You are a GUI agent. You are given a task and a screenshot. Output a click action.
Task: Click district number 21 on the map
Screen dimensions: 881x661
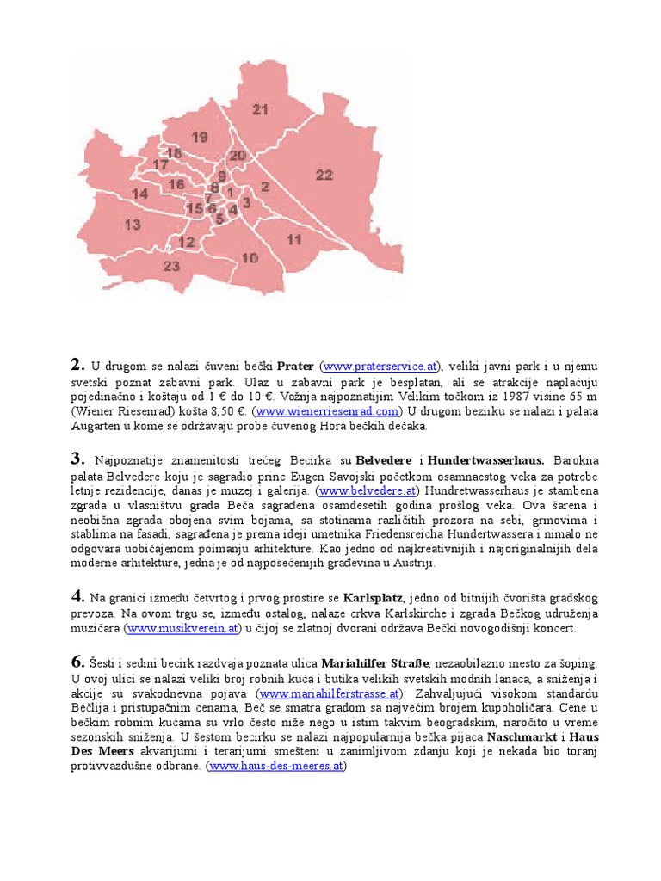(x=260, y=109)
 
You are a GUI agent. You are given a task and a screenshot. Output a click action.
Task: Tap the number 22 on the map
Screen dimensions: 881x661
(x=324, y=176)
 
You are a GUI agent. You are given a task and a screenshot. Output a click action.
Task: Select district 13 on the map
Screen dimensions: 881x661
(x=132, y=225)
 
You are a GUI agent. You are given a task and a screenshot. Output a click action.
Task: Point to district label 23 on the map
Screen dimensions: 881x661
(x=171, y=267)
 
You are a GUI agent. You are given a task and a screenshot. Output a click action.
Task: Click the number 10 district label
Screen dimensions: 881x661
(x=250, y=258)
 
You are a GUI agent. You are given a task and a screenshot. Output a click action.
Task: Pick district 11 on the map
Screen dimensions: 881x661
(x=294, y=240)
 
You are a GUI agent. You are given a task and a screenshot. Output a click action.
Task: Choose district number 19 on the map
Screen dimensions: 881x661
(x=200, y=138)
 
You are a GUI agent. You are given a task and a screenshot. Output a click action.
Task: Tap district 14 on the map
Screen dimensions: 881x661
(x=139, y=194)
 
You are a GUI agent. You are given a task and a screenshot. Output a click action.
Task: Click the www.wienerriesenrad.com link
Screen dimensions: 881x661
(x=327, y=411)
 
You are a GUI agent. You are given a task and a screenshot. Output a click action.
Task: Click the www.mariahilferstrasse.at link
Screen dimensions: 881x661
(x=329, y=693)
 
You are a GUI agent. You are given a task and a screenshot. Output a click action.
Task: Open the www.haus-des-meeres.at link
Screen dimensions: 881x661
(x=275, y=766)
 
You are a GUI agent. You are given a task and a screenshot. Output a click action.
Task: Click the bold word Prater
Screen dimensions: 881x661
(x=295, y=367)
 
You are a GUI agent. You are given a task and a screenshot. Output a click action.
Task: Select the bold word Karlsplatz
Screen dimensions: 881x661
(x=374, y=597)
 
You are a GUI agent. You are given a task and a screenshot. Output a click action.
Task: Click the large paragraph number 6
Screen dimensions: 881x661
(x=77, y=661)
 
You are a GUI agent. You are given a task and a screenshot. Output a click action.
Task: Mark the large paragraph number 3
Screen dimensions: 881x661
(x=77, y=457)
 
